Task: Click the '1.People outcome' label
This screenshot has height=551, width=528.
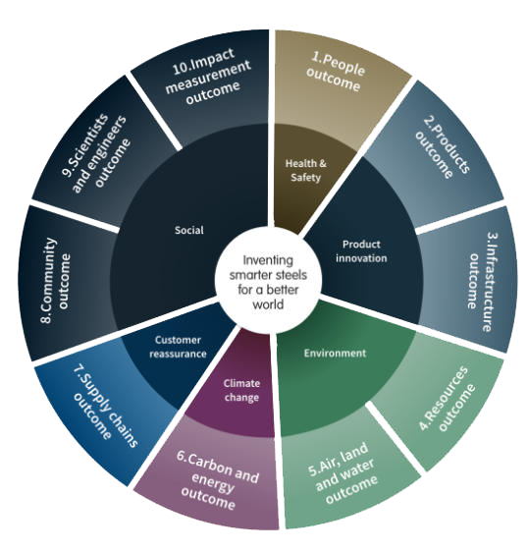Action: pos(336,72)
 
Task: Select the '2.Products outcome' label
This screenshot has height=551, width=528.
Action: pos(443,147)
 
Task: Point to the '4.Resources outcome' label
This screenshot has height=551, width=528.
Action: pos(448,399)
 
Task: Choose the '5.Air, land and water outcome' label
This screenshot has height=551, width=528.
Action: pos(343,472)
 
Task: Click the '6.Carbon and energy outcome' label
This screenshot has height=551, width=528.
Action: pos(216,480)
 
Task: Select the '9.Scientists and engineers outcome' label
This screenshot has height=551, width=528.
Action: pos(95,153)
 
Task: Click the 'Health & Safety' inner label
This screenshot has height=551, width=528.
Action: pos(306,171)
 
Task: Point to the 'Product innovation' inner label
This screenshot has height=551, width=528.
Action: pos(361,251)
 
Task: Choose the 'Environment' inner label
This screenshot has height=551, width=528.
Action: pos(335,353)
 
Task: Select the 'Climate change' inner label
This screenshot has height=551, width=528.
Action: pos(241,390)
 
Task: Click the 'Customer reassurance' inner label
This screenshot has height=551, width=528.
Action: pos(178,347)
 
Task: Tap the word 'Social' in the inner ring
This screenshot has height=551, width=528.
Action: pos(189,230)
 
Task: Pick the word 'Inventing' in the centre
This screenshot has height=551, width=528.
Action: pos(268,260)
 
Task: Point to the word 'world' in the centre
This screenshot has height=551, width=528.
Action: pos(268,304)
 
